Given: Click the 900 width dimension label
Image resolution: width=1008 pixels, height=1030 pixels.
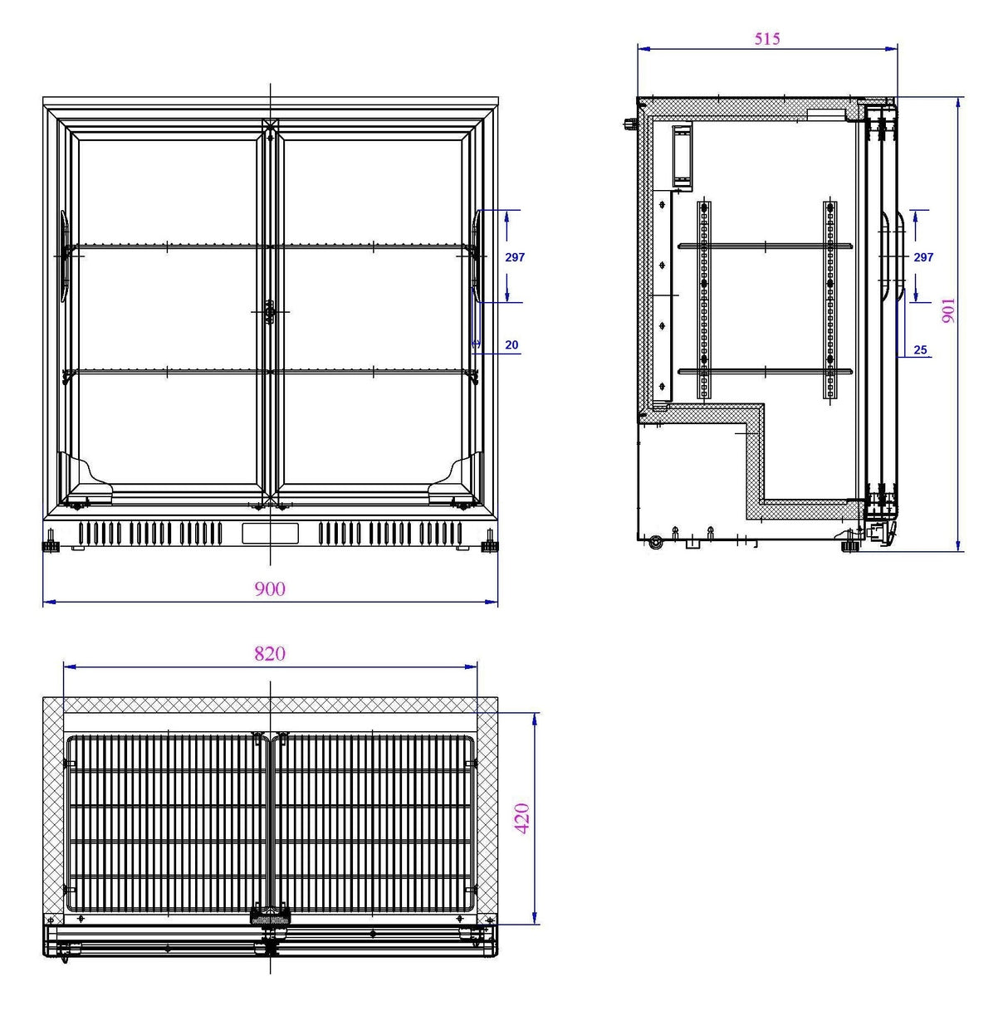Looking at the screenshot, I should pos(270,588).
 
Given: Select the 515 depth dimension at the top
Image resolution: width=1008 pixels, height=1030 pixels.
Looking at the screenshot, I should pos(767,38).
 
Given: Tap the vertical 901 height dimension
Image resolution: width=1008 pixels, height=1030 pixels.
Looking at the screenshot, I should pos(948,310).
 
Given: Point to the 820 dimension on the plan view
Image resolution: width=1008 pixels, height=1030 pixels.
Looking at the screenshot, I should pos(270,654).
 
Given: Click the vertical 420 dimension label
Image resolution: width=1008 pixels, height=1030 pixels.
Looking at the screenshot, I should pos(522,818).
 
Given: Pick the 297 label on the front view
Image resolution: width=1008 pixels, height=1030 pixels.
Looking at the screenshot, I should pos(515,257).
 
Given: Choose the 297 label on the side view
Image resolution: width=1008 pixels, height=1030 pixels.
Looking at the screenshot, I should pos(923,257).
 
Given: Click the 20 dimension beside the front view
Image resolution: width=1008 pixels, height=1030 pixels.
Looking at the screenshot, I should pos(511,345).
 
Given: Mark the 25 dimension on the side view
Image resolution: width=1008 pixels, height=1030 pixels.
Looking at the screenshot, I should pos(920,350).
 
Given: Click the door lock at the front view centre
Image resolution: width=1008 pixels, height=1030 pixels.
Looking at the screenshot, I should pos(269,312).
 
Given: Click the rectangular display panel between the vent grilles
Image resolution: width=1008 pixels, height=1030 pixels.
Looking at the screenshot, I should pos(270,533).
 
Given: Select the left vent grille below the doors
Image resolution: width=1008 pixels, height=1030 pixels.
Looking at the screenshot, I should pos(150,533).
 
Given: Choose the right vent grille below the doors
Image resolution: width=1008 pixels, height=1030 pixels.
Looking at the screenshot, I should pos(389,533).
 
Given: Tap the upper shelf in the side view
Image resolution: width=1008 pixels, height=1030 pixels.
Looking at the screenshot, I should pos(765,245).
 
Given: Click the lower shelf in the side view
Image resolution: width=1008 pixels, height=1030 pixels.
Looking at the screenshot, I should pos(765,371).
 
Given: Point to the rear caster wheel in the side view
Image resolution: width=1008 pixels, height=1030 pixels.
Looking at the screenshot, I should pos(656,543).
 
